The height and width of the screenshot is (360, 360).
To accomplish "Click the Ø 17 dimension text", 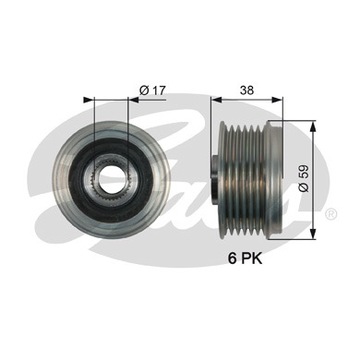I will [x=152, y=90].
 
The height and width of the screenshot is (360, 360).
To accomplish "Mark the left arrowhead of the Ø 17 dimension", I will [x=96, y=100].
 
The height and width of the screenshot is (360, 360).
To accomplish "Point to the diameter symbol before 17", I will [x=145, y=90].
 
